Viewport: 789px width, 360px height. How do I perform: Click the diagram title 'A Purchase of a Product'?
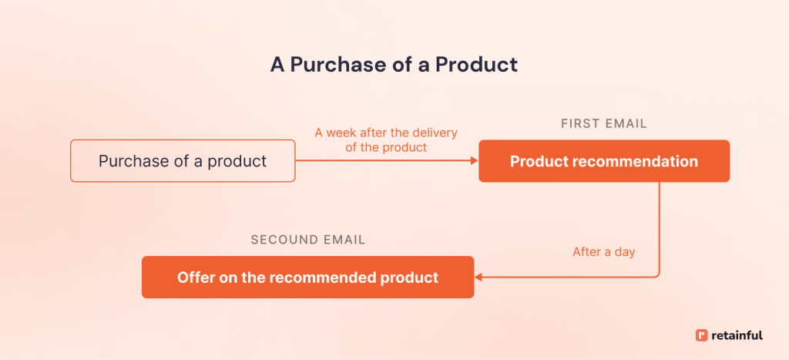pos(394,64)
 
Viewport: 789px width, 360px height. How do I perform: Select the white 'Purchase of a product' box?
pos(183,161)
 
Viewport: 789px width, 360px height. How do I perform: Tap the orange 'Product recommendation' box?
pos(603,161)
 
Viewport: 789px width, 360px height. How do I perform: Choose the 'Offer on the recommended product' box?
pos(307,277)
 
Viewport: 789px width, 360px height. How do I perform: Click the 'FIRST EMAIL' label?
pos(603,123)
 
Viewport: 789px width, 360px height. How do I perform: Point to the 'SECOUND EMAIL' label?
pos(307,240)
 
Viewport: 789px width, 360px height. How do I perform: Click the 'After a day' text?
pos(603,252)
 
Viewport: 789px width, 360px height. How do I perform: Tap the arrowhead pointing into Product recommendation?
pos(475,161)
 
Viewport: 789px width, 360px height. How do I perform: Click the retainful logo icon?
pos(700,335)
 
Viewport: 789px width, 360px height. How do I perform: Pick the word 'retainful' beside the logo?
pos(737,335)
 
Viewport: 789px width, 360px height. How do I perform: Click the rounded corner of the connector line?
pos(656,274)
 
